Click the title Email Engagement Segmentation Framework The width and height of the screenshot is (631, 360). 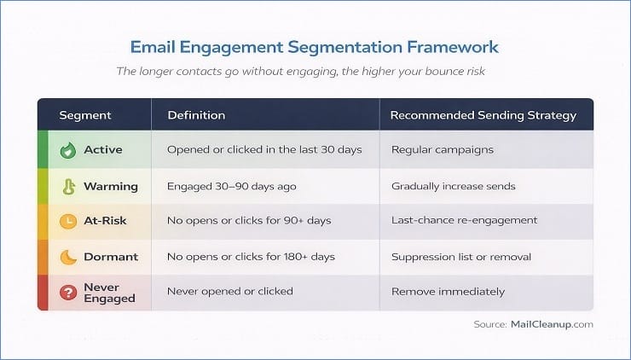pyautogui.click(x=315, y=46)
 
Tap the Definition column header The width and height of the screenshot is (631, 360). pyautogui.click(x=196, y=115)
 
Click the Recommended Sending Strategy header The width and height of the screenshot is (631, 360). pyautogui.click(x=483, y=115)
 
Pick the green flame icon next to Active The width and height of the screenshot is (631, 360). pyautogui.click(x=67, y=150)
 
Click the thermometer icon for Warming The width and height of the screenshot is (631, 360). pyautogui.click(x=67, y=186)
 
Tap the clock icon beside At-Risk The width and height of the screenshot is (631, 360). pyautogui.click(x=67, y=221)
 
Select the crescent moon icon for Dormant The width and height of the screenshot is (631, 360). pyautogui.click(x=67, y=257)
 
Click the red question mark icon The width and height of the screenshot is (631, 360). pyautogui.click(x=67, y=292)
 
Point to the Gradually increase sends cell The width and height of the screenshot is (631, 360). pyautogui.click(x=453, y=186)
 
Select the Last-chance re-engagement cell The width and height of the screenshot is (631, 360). pyautogui.click(x=464, y=221)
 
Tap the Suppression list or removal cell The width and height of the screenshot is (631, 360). pyautogui.click(x=460, y=257)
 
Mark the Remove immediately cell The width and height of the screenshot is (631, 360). pyautogui.click(x=448, y=292)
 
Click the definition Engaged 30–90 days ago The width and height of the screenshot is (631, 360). pyautogui.click(x=231, y=186)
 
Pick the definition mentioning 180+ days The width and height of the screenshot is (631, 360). pyautogui.click(x=251, y=257)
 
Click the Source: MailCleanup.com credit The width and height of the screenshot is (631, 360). pyautogui.click(x=533, y=324)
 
